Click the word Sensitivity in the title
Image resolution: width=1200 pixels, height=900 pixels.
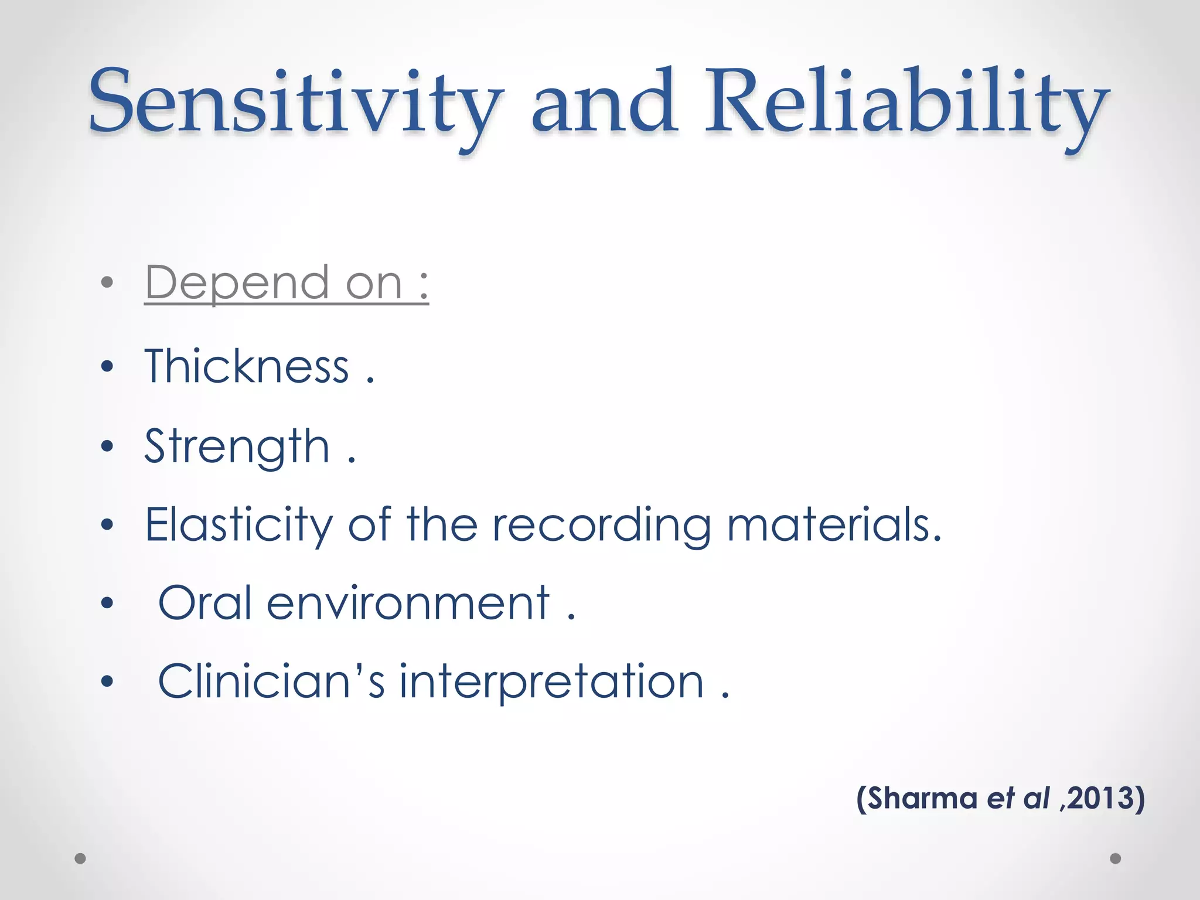pyautogui.click(x=296, y=103)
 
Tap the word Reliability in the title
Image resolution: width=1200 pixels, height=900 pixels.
pyautogui.click(x=905, y=103)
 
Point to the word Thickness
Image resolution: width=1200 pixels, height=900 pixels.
pyautogui.click(x=247, y=367)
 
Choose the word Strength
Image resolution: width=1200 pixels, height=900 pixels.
pyautogui.click(x=237, y=446)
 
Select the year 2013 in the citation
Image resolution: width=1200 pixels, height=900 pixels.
pyautogui.click(x=1099, y=799)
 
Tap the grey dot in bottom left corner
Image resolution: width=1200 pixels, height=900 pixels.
pyautogui.click(x=80, y=858)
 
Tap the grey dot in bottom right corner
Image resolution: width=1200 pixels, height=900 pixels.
pyautogui.click(x=1116, y=858)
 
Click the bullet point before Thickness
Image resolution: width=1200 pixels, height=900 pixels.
pyautogui.click(x=107, y=367)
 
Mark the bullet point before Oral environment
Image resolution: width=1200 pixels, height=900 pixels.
pyautogui.click(x=107, y=603)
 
